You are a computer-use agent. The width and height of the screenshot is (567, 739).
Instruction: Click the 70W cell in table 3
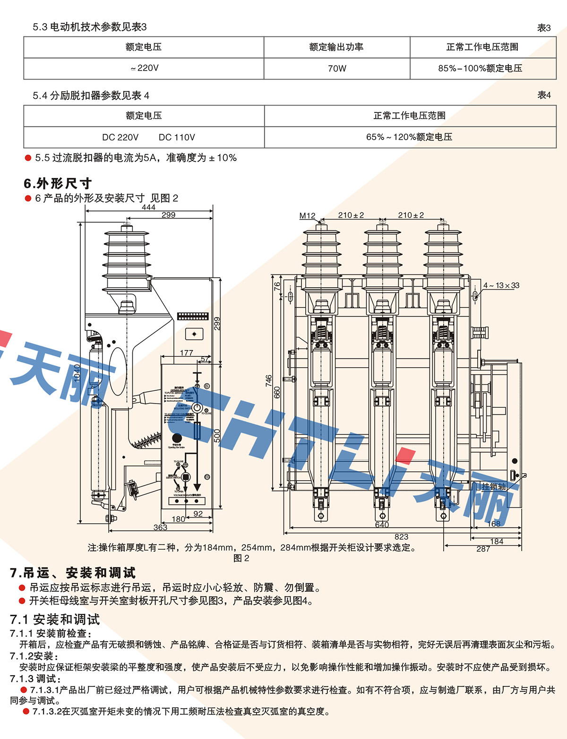337,69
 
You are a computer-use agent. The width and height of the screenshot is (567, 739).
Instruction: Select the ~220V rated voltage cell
145,68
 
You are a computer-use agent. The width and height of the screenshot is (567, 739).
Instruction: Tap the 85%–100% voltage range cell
480,68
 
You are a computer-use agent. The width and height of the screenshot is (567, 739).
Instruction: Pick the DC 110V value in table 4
177,137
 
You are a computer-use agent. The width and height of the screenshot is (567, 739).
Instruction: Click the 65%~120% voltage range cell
409,137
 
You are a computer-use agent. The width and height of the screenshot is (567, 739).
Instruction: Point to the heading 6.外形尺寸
58,184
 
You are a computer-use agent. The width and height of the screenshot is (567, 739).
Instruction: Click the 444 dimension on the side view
148,207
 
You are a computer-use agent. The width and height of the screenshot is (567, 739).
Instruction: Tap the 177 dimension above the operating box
187,352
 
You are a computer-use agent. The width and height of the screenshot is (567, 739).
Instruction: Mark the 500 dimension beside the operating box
217,435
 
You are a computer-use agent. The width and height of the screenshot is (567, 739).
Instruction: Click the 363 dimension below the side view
160,527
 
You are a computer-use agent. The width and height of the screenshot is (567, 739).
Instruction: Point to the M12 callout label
307,216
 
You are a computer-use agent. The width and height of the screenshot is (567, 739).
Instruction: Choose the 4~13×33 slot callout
501,285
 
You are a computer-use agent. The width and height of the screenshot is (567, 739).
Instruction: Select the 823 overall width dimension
401,537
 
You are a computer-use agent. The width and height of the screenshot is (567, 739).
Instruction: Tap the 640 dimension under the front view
382,525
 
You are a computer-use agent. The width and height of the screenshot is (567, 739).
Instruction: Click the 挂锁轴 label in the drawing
493,486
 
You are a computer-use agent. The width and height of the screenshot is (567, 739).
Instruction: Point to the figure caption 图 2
241,558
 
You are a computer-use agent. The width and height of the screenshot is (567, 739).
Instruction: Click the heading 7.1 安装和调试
55,619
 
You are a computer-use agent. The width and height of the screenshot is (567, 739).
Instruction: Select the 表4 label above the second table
544,95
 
